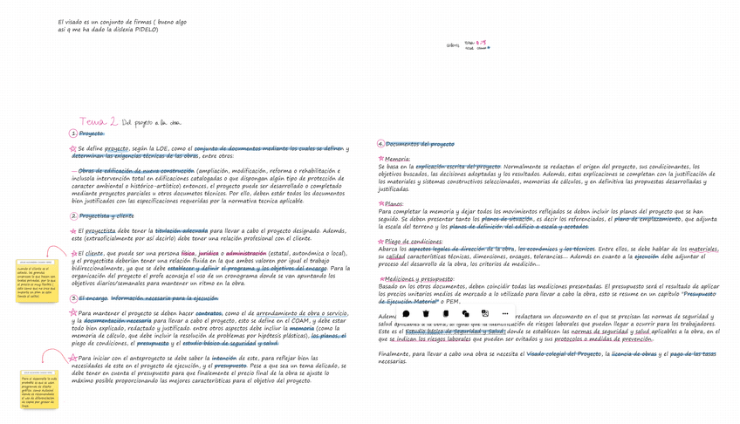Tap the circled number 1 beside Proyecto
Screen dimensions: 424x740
pos(73,133)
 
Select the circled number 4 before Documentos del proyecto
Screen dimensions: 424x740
pos(380,144)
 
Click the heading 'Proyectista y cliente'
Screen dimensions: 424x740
pos(106,215)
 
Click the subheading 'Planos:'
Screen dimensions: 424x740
pos(394,203)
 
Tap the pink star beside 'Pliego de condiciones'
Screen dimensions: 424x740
pos(380,241)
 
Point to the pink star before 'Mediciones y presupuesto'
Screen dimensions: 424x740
pos(380,279)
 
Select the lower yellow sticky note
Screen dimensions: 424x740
pos(38,390)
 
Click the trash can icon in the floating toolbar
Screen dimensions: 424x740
pos(426,313)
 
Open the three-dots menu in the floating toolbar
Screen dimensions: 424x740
pos(504,313)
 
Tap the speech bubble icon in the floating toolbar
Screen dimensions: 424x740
pos(406,313)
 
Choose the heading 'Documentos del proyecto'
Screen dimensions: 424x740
pos(420,144)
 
